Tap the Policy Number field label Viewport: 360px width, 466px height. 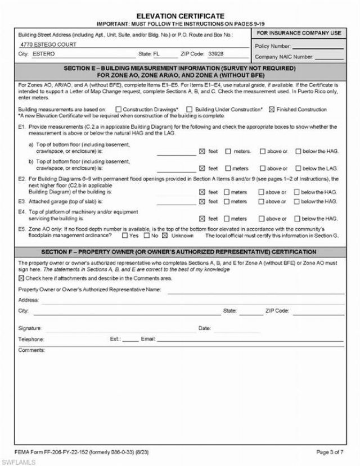273,46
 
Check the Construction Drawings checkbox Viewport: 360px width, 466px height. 118,109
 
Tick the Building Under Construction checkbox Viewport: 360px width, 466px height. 190,109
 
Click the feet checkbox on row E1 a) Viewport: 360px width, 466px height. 202,151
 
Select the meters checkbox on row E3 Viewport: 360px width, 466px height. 228,201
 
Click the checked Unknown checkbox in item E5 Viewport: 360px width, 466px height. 165,236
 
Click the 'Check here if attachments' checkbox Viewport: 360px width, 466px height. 21,278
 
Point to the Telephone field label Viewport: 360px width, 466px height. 31,339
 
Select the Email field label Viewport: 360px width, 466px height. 147,339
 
